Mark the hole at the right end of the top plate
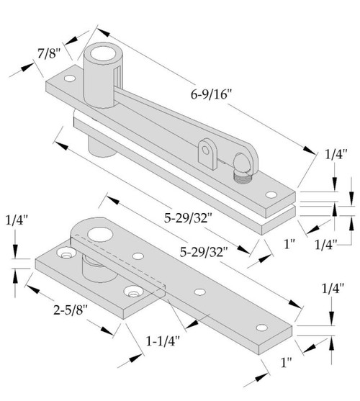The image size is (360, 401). coord(271,194)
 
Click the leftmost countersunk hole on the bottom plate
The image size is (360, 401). coord(66,255)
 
